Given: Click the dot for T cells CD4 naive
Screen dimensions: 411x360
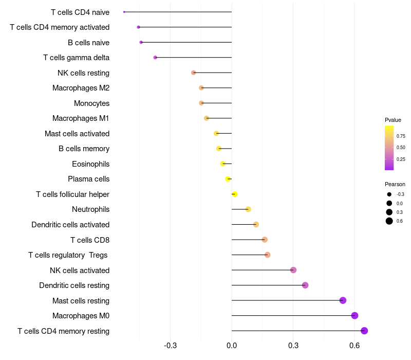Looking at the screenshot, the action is coord(124,12).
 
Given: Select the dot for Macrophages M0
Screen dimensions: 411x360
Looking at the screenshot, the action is coord(354,315).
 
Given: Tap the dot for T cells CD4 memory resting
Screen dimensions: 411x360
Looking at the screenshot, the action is coord(364,331).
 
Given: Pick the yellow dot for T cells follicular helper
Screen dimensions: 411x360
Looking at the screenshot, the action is coord(235,194).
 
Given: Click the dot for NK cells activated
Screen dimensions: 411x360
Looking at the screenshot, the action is coord(293,269).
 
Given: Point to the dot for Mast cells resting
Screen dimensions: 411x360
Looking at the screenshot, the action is coord(343,300).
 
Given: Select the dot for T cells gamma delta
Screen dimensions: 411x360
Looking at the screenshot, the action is coord(155,58).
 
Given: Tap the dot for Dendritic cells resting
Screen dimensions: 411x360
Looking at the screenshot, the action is coord(305,285).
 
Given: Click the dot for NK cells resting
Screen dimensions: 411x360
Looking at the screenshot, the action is coord(194,73).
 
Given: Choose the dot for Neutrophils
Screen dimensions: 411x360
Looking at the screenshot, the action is coord(248,209).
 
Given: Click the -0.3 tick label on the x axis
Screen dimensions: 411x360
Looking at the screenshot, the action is coord(171,346).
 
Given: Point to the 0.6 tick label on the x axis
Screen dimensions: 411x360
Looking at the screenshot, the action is coord(354,346).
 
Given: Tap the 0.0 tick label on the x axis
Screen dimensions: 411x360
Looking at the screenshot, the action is coord(232,346).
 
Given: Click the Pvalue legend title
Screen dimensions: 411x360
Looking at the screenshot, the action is coord(393,120).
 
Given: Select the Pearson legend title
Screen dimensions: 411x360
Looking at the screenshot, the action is coord(395,184).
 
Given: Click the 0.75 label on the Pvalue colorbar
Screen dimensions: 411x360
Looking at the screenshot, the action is coord(401,136).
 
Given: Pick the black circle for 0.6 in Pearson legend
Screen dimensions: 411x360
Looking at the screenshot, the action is coord(389,221).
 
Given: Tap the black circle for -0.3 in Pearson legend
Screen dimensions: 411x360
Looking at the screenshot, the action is coord(389,194).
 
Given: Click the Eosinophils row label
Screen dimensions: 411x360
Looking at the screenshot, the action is coord(91,164).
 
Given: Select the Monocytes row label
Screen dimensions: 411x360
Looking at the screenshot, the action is coord(92,103).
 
